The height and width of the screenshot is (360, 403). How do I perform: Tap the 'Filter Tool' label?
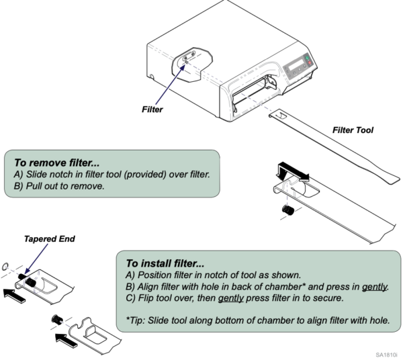(353, 130)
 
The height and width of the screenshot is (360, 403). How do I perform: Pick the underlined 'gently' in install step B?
(374, 287)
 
